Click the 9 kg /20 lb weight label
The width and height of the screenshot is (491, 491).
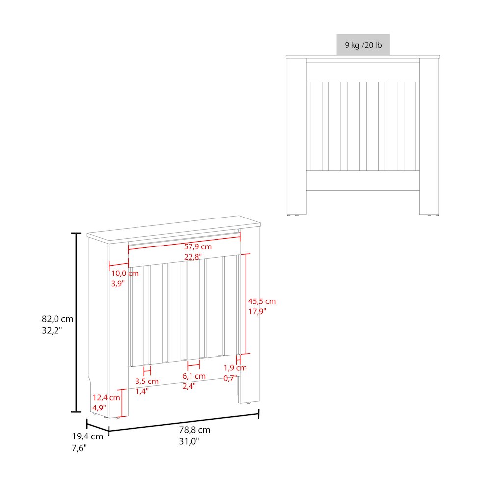point(363,45)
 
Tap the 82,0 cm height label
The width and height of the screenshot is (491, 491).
point(57,319)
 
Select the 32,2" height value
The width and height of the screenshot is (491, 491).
point(52,330)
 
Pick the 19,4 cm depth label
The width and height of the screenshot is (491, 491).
point(88,436)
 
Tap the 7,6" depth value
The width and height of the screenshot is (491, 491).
point(79,447)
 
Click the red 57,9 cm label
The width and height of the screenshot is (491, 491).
point(197,246)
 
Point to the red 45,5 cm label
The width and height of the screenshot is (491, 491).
point(262,301)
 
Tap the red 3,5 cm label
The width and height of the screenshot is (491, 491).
point(147,381)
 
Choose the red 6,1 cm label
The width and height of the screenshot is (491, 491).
point(193,376)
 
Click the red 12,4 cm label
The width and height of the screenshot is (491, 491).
point(106,397)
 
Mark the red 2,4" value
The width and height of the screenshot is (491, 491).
point(189,386)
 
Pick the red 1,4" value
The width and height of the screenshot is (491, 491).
point(142,391)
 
